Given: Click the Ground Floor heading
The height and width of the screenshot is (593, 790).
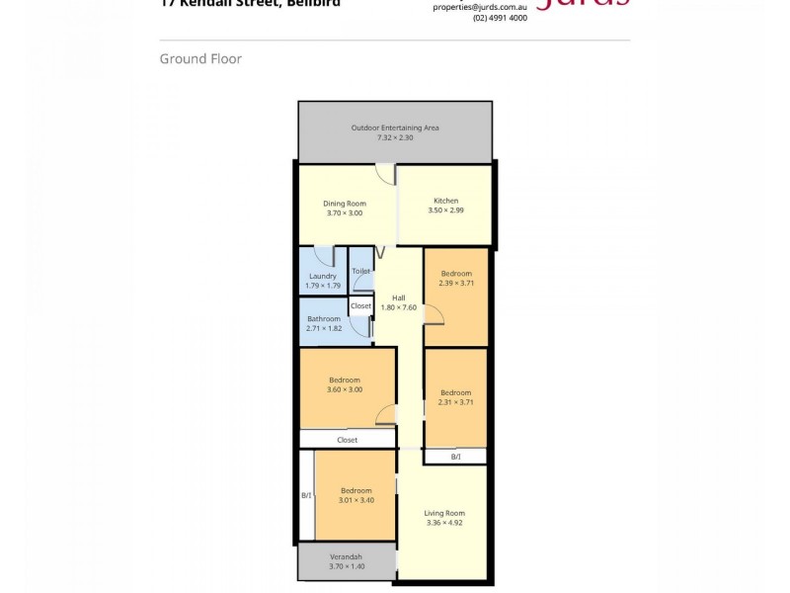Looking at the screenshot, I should [200, 59].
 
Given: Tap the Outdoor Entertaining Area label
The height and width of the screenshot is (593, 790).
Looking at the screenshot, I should [395, 127].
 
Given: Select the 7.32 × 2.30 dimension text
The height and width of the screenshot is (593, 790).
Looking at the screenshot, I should [395, 137].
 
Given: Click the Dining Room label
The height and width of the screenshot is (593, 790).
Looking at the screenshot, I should [345, 204].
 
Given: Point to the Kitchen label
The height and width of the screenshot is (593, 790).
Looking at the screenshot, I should [445, 201].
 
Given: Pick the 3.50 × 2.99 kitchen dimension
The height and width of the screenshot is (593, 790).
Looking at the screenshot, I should [445, 211].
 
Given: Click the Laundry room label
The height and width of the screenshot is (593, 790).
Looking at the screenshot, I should [323, 276].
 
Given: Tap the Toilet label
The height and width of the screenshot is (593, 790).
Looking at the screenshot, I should [360, 270].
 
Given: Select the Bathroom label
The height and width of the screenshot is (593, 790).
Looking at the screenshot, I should [324, 318].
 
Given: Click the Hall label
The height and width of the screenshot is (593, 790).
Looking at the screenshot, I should [399, 297].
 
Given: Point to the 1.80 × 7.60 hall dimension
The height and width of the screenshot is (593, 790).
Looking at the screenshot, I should [399, 307].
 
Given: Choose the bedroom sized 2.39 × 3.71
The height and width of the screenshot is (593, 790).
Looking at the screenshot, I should [455, 279].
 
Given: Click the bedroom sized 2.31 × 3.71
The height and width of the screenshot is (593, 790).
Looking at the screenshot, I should [455, 397].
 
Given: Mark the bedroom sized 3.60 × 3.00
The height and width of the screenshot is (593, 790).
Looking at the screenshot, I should [345, 384].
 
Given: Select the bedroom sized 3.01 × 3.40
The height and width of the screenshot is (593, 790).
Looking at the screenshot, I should [356, 495].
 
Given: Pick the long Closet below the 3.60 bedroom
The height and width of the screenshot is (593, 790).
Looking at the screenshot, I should [347, 439].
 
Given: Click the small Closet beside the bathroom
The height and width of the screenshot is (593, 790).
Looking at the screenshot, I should [360, 306].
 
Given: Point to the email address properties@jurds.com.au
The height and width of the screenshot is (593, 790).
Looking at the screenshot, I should [480, 7].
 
